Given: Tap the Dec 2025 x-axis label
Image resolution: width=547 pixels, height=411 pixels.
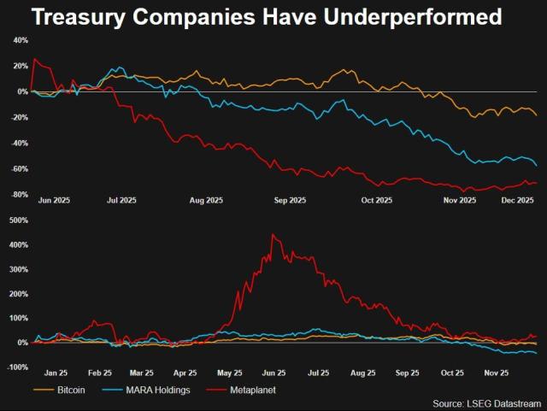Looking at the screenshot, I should tap(518, 201).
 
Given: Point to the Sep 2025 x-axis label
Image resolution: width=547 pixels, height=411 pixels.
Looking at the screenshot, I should tap(290, 201).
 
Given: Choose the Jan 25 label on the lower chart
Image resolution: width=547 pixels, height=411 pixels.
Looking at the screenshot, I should tap(56, 373).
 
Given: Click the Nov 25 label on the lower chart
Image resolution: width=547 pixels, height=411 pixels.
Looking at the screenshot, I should tap(497, 373).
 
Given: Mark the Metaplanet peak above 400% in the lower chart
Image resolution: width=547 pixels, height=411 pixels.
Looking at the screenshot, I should tap(273, 234).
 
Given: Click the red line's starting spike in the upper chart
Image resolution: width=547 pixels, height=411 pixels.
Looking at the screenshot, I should tap(34, 59).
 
